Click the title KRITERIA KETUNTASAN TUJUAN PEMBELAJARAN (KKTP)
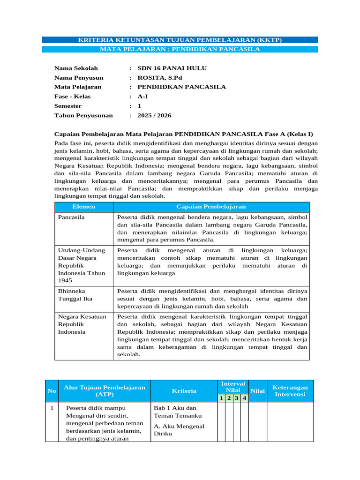click(180, 40)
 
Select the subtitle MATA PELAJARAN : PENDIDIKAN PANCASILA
click(180, 49)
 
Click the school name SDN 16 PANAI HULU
click(172, 68)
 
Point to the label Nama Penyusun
click(79, 78)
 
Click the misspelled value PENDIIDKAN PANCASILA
click(181, 87)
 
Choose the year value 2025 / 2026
click(154, 115)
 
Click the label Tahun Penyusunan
click(83, 115)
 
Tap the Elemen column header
click(84, 207)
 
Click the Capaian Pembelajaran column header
click(211, 207)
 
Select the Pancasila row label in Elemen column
click(72, 217)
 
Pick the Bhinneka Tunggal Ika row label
click(75, 295)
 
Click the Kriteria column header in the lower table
click(184, 391)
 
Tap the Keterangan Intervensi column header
click(290, 391)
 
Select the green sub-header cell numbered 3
click(237, 398)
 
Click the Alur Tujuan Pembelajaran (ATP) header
click(105, 391)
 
